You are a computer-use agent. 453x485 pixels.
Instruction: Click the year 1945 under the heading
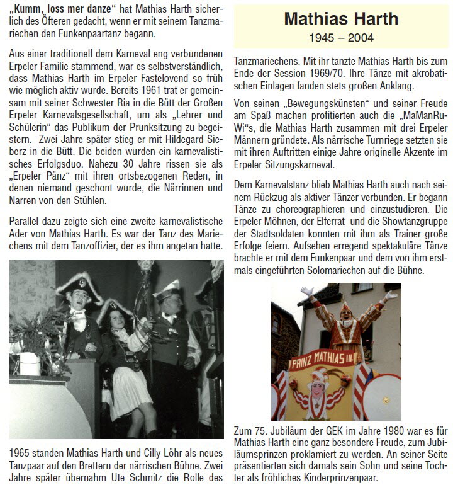point(322,38)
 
